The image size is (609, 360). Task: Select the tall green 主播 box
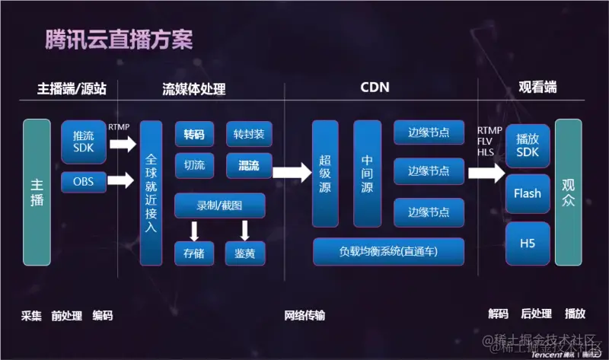tap(37, 192)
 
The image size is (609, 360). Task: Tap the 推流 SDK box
tap(84, 142)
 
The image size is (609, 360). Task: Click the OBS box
tap(84, 182)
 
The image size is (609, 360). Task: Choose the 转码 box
tap(194, 135)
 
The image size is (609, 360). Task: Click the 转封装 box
tap(249, 135)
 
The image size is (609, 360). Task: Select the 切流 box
tap(194, 164)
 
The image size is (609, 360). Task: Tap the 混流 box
tap(249, 164)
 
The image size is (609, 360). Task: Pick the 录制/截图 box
tap(220, 205)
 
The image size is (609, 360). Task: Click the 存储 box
tap(194, 253)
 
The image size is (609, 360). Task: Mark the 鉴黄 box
tap(245, 253)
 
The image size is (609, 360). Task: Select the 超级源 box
tap(325, 173)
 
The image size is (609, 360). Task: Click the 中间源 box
tap(368, 173)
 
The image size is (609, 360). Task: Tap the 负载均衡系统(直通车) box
tap(389, 250)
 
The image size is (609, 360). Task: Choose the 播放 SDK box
tap(528, 146)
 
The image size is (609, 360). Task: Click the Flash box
tap(528, 193)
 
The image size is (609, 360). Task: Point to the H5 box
tap(528, 243)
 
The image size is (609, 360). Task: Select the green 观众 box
tap(568, 192)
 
